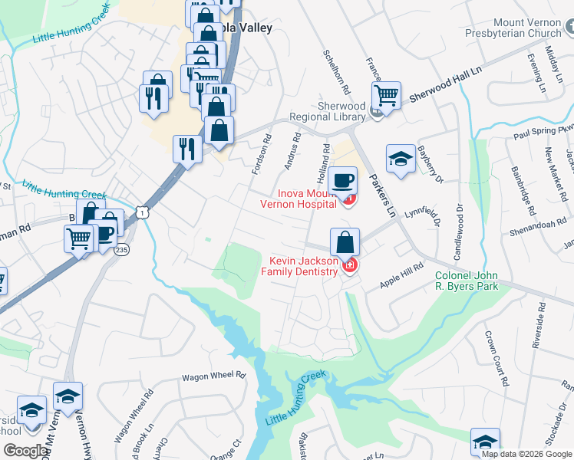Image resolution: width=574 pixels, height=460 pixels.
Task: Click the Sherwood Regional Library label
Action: (x=328, y=111)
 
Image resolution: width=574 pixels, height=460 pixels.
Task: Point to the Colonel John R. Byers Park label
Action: (x=467, y=281)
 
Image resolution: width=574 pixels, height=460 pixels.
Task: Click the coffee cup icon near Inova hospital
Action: (x=342, y=182)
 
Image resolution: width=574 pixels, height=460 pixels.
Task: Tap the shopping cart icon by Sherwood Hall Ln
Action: (x=386, y=96)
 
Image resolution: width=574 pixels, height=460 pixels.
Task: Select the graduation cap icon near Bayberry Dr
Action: (x=401, y=159)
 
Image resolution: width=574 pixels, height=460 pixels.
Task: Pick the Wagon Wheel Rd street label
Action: (x=213, y=376)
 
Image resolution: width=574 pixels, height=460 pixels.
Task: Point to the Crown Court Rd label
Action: (x=496, y=358)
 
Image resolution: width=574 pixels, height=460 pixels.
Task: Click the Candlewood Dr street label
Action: (x=460, y=229)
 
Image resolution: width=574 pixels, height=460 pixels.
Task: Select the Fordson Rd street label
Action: (x=261, y=154)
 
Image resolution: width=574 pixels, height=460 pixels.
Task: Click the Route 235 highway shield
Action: (x=121, y=250)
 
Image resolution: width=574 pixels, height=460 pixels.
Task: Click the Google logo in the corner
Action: (x=27, y=451)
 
